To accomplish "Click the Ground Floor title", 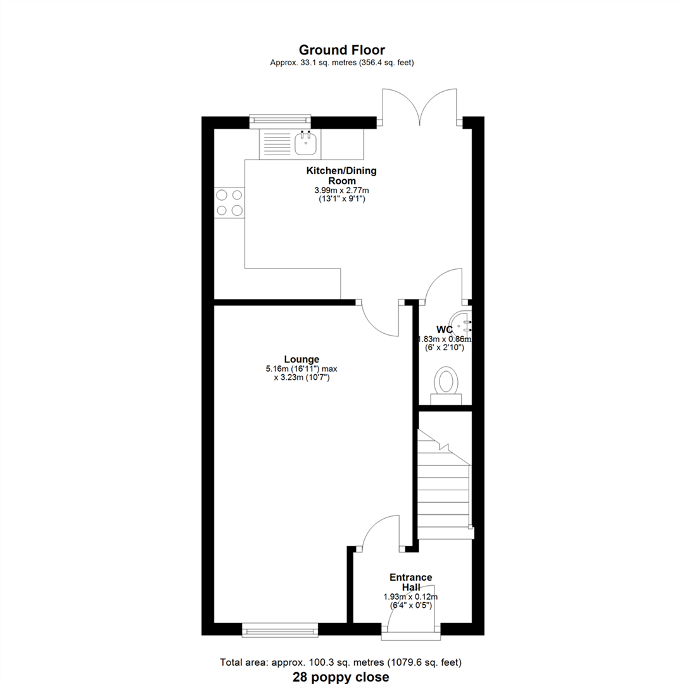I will click(x=341, y=50).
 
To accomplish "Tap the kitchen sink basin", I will click(x=306, y=144).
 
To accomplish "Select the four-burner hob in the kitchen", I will click(x=229, y=203).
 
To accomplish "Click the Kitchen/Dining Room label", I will click(x=341, y=175).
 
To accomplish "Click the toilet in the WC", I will click(x=446, y=384).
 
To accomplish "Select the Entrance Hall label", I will click(x=410, y=582).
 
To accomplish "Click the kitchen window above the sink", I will click(x=280, y=120).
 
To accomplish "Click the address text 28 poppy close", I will click(x=341, y=677).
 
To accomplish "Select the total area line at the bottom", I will click(x=341, y=663).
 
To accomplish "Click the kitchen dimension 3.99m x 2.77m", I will click(x=342, y=190).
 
